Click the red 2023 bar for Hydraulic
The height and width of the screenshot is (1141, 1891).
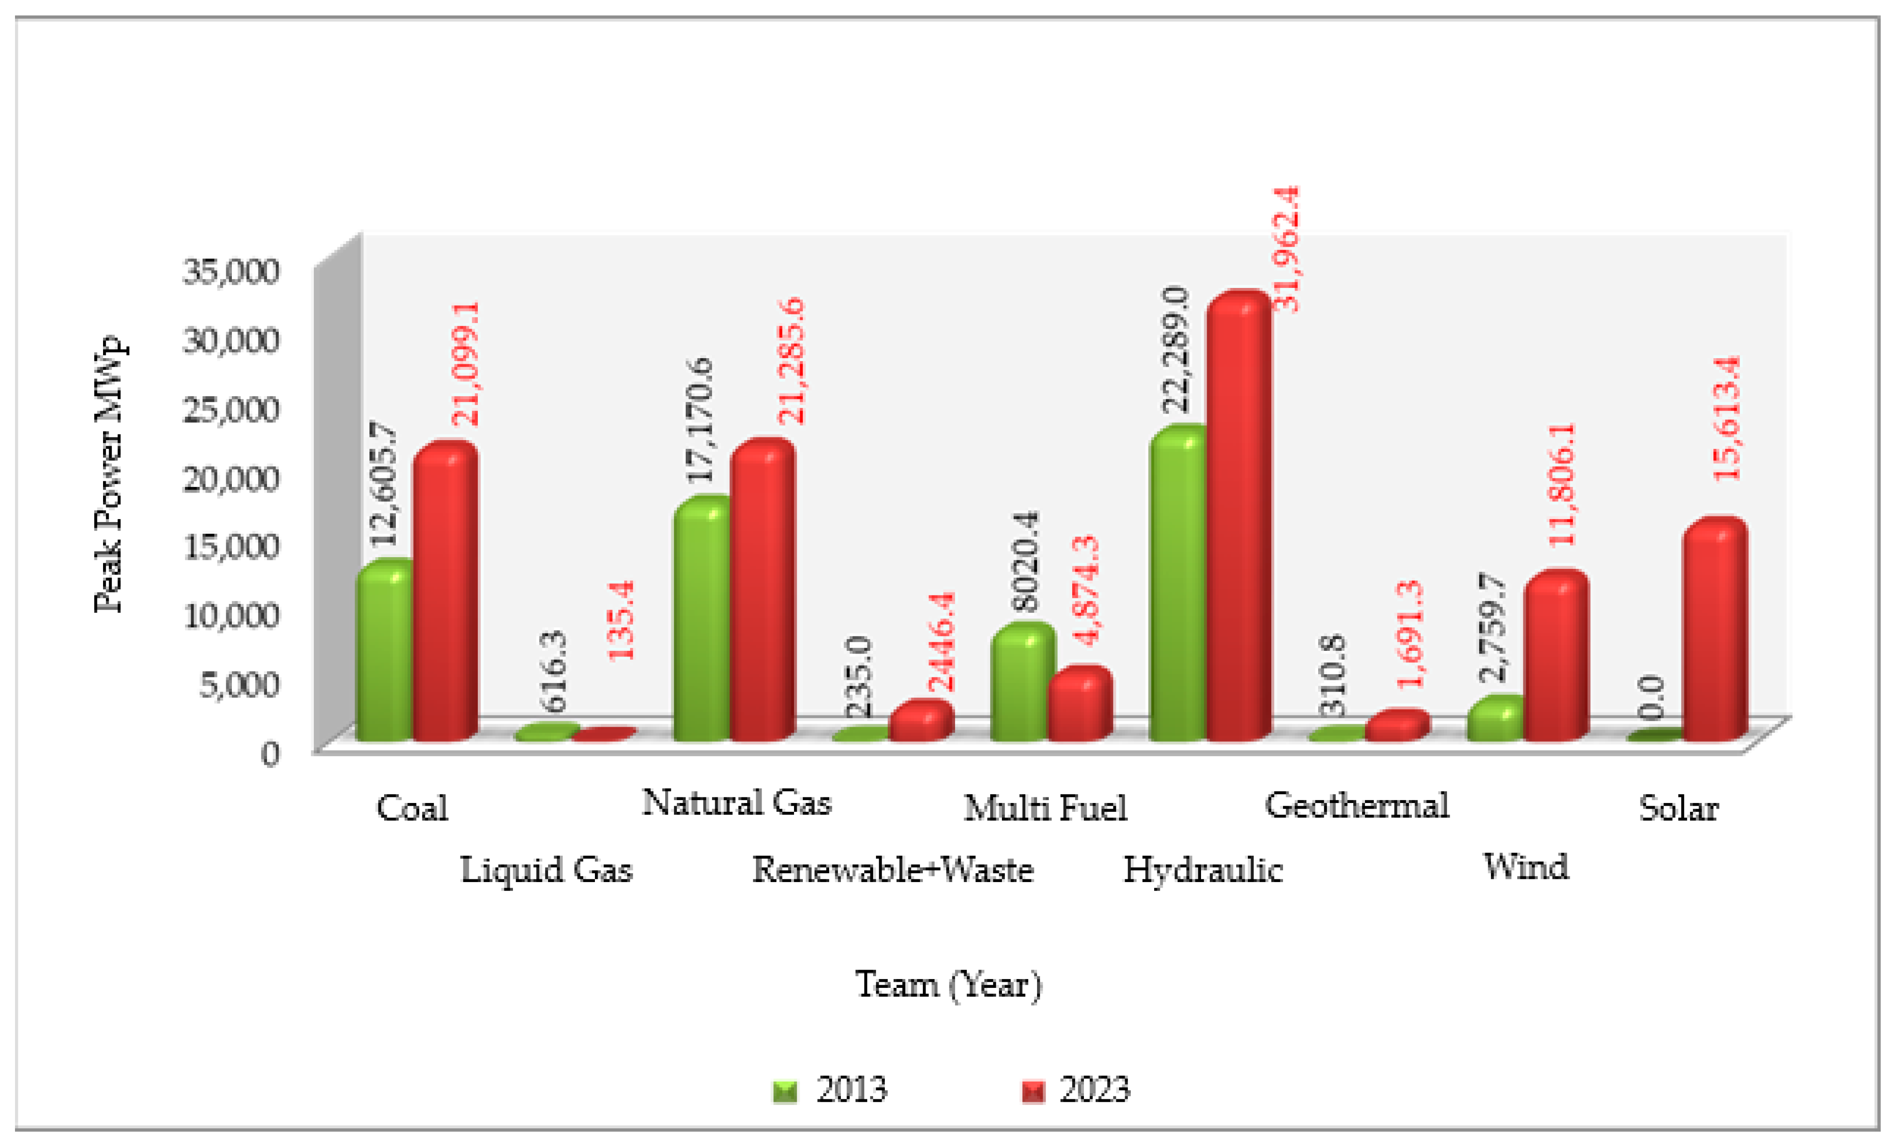click(x=1237, y=522)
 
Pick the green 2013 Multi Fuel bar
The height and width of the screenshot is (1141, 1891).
click(x=1021, y=683)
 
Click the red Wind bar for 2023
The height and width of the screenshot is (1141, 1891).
click(x=1555, y=660)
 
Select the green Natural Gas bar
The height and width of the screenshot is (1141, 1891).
click(x=702, y=621)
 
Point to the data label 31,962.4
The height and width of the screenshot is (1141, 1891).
click(x=1287, y=250)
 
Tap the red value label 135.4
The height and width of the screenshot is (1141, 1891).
click(x=621, y=620)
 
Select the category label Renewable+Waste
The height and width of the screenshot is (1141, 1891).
click(x=892, y=870)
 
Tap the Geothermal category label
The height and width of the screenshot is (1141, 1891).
click(x=1356, y=806)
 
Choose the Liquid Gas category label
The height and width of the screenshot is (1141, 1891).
click(x=546, y=870)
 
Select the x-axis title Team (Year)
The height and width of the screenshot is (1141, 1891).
click(x=949, y=985)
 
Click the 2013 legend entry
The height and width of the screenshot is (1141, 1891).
click(x=831, y=1089)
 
